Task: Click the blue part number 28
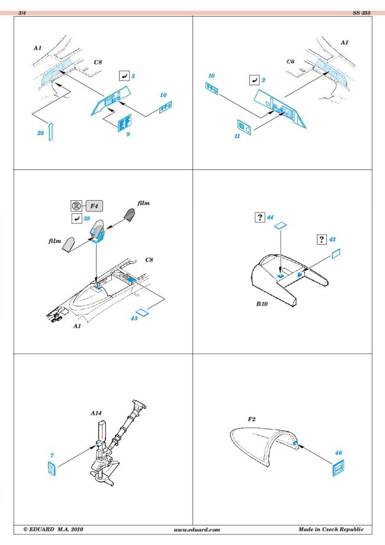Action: [40, 133]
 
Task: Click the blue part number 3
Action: [133, 76]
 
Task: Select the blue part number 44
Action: [270, 217]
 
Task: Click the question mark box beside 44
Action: [259, 217]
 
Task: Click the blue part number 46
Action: [338, 453]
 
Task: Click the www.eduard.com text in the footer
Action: [197, 529]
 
